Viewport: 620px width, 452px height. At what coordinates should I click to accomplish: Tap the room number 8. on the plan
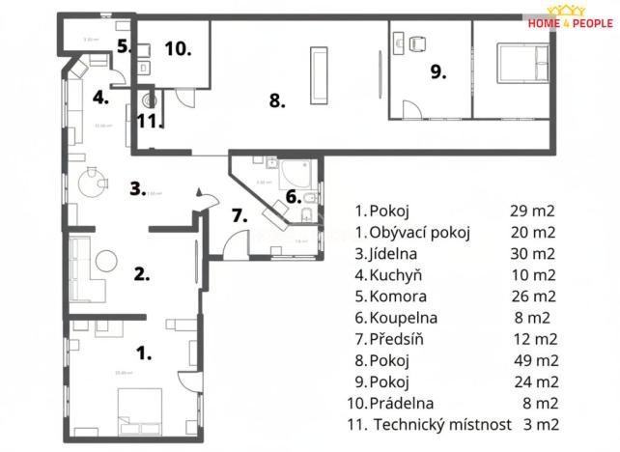point(277,100)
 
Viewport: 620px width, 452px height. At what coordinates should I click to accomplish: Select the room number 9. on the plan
point(438,71)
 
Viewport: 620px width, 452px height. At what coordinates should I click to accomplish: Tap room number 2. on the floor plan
point(142,273)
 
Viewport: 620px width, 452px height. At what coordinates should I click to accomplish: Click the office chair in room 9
point(417,44)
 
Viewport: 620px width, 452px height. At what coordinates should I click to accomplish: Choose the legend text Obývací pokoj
point(417,233)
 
